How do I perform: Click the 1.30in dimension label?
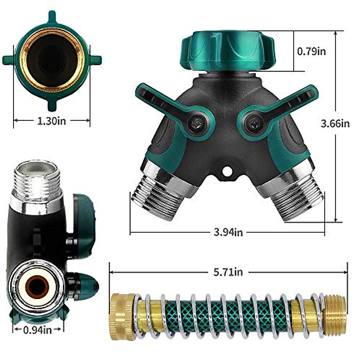(51, 121)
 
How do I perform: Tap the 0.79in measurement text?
(311, 51)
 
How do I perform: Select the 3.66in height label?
(335, 123)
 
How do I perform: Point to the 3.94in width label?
(228, 232)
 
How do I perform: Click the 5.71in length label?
(228, 272)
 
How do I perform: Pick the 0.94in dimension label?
(38, 330)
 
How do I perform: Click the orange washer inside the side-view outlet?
(37, 285)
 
